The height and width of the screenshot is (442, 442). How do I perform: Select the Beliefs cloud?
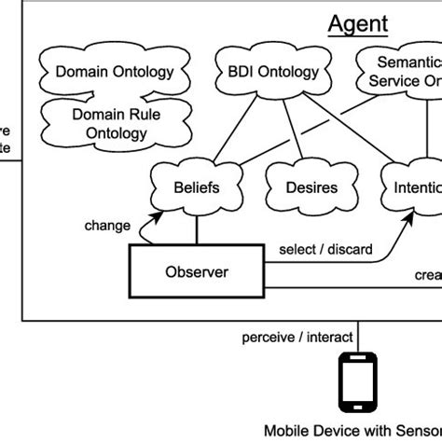click(x=196, y=187)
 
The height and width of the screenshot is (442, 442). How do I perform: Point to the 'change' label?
click(x=107, y=226)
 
